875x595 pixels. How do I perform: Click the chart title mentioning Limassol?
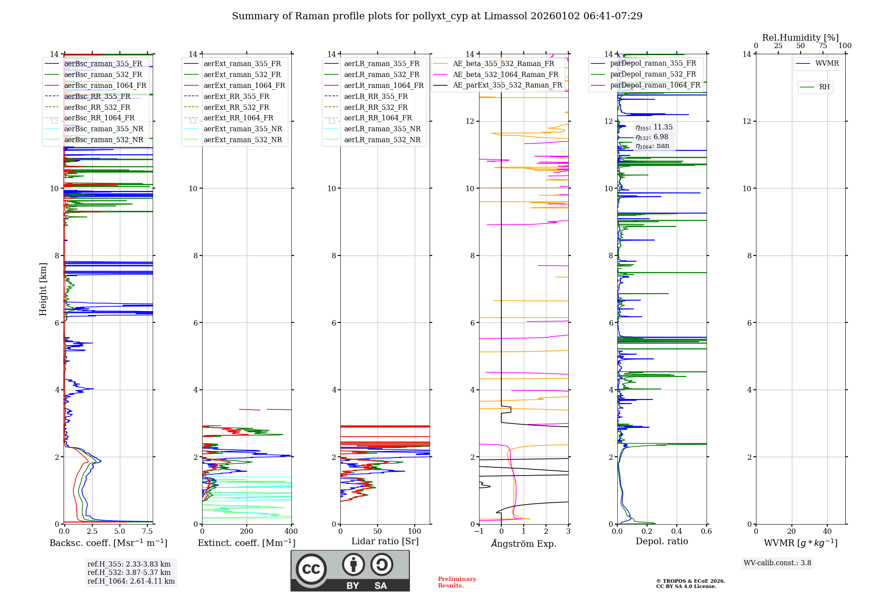coord(437,16)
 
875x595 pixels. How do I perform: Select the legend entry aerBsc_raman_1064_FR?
coord(105,85)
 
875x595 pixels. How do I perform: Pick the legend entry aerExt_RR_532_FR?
coord(236,107)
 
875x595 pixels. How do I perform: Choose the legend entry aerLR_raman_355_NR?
coord(382,129)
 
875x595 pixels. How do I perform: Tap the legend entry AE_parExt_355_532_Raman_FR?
coord(507,85)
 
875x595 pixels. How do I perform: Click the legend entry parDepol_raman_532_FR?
coord(653,74)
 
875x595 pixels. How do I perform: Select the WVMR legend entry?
coord(827,63)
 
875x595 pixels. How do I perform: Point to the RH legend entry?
coord(824,87)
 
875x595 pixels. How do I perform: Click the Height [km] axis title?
coord(43,289)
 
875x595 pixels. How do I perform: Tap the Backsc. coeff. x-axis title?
coord(108,543)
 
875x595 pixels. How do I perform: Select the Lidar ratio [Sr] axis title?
coord(385,541)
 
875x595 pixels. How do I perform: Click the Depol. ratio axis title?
coord(661,541)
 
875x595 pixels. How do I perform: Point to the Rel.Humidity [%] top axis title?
coord(800,38)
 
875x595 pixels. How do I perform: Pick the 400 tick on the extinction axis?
coord(291,531)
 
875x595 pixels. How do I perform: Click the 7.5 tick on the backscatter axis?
coord(147,531)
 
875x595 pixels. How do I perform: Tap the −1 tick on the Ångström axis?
coord(479,531)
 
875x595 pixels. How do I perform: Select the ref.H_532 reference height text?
coord(129,572)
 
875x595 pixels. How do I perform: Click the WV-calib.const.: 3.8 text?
coord(777,563)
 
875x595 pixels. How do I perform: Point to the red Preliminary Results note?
coord(457,582)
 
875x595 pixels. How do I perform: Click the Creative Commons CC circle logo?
coord(311,569)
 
